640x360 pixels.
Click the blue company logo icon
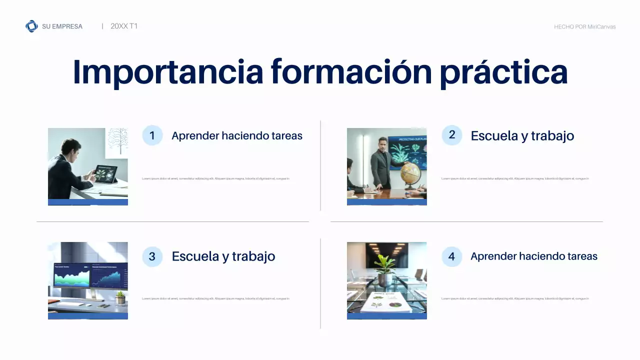click(31, 26)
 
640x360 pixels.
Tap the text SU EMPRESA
click(62, 26)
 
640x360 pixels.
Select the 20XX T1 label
click(124, 26)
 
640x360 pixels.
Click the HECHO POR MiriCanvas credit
click(584, 27)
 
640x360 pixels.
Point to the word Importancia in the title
click(167, 72)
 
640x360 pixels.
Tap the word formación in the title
click(351, 72)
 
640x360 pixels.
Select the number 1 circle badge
click(152, 135)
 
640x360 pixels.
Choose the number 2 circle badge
click(452, 135)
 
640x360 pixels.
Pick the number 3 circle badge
click(152, 256)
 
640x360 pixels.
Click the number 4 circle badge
click(452, 256)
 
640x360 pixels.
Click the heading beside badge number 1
click(236, 136)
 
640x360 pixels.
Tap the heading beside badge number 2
click(522, 135)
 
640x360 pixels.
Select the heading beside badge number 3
click(223, 256)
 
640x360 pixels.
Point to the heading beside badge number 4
click(533, 256)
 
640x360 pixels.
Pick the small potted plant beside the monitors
click(120, 298)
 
